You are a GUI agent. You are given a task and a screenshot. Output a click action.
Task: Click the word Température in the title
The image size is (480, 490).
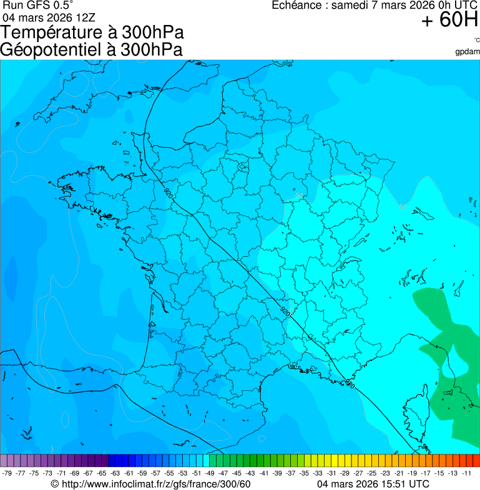52,33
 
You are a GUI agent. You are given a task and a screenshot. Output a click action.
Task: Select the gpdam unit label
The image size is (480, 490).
468,51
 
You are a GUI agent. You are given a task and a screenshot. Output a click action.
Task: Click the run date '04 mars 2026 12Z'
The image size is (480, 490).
49,16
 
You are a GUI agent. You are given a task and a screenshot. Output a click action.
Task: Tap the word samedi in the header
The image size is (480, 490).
348,5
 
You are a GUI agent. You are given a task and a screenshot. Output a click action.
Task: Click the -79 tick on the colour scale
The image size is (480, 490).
7,473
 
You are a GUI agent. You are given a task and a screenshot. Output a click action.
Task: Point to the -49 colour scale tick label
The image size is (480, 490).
210,473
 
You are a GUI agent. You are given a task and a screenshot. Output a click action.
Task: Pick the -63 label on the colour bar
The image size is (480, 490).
115,473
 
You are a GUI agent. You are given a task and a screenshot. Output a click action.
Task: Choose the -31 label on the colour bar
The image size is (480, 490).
331,473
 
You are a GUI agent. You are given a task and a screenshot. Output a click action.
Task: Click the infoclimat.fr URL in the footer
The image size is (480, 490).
155,484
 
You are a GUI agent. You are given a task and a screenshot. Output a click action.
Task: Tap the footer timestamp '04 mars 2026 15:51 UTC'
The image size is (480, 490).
373,484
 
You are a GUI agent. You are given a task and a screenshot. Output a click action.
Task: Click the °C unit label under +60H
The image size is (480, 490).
476,40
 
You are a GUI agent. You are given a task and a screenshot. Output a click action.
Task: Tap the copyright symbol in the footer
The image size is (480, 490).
55,484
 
